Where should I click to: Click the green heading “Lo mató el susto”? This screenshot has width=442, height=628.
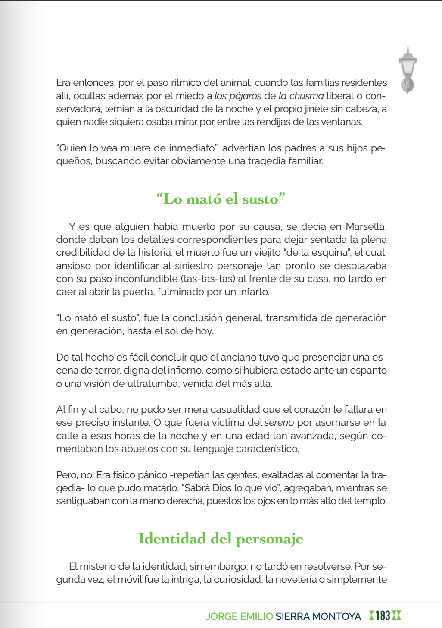(x=221, y=199)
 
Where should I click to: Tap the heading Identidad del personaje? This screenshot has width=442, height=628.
(x=221, y=539)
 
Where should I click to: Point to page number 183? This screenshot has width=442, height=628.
(x=383, y=615)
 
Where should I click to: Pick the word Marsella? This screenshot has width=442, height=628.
(x=366, y=226)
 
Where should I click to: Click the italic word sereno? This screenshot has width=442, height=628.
(x=279, y=422)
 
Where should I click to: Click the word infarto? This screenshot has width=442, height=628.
(x=254, y=292)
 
